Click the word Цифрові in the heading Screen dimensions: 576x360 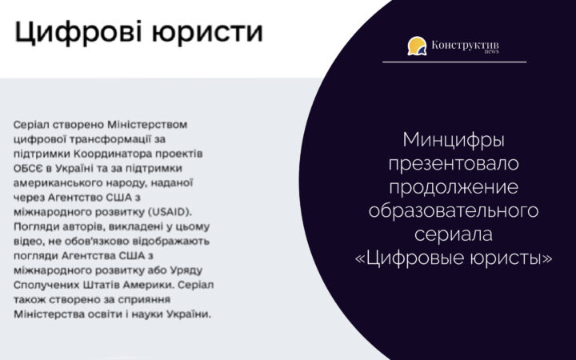coord(78,32)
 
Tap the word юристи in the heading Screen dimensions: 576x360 coord(207,32)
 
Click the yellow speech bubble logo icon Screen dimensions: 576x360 coord(417,46)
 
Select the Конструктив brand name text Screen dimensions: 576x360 coord(465,45)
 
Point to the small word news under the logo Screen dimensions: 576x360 coord(491,52)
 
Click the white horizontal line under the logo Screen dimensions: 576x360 coord(454,62)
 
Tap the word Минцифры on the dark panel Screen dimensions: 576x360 coord(454,140)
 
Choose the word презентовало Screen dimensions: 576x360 coord(454,163)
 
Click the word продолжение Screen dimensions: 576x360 coord(454,187)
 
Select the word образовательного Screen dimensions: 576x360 coord(454,211)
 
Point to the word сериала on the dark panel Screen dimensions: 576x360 coord(454,234)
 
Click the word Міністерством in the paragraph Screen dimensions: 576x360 coord(147,125)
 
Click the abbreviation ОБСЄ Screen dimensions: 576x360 coord(28,168)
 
